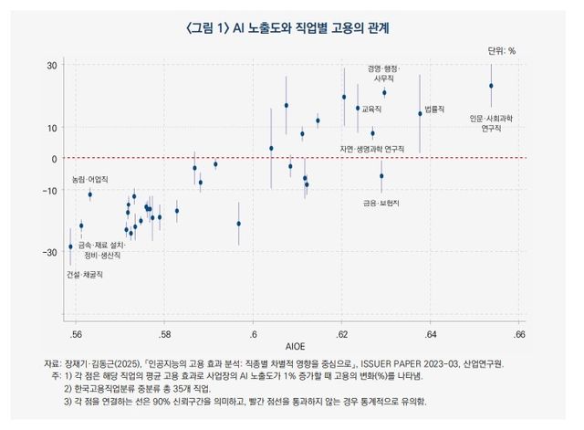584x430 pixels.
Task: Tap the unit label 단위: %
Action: click(x=501, y=51)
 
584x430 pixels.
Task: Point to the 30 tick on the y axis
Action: click(x=52, y=66)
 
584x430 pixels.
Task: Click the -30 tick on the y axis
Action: click(x=50, y=251)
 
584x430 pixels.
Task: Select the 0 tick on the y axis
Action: click(x=55, y=159)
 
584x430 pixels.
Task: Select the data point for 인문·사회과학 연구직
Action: click(x=491, y=86)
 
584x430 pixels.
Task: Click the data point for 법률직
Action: click(x=420, y=113)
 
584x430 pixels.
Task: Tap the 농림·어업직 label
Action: click(x=90, y=179)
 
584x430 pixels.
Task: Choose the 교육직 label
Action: click(x=371, y=109)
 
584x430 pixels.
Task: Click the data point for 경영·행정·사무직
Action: click(x=384, y=92)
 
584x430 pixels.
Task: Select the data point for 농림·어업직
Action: click(x=89, y=194)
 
